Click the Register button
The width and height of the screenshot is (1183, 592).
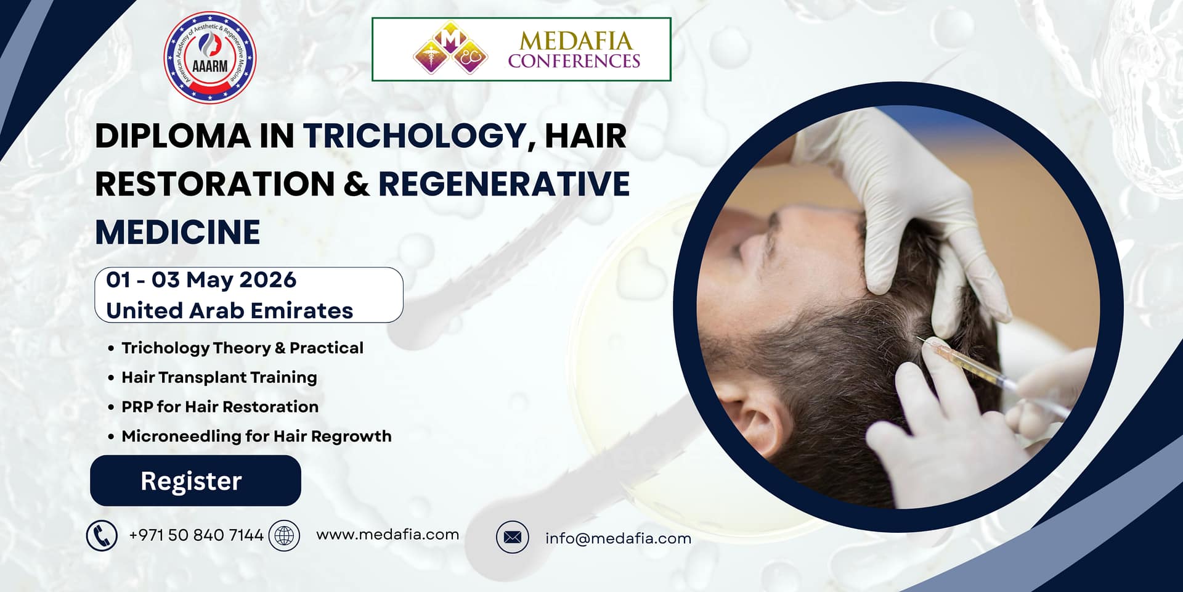tap(195, 480)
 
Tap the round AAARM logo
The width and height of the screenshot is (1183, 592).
tap(209, 57)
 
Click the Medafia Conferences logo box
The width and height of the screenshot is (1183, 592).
tap(521, 49)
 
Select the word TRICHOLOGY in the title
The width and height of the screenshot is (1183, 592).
tap(414, 136)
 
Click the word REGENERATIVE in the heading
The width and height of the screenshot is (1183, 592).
tap(503, 184)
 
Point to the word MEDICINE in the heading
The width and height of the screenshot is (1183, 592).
tap(177, 232)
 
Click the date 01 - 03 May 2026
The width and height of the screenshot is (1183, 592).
tap(201, 280)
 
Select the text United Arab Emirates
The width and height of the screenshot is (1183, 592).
tap(229, 310)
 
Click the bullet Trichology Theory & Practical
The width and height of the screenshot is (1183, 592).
tap(242, 348)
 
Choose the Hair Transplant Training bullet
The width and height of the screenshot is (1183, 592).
tap(219, 377)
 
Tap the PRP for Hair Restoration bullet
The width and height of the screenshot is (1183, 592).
tap(220, 407)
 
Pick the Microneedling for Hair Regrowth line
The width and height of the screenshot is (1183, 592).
tap(256, 437)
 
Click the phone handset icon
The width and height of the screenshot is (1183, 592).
tap(102, 535)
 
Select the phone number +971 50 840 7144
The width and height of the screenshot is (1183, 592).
tap(196, 535)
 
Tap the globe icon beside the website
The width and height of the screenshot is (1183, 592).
tap(284, 535)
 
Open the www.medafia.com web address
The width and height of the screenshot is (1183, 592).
tap(388, 535)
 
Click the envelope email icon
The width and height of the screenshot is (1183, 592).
tap(512, 537)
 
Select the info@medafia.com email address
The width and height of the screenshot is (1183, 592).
tap(618, 538)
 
